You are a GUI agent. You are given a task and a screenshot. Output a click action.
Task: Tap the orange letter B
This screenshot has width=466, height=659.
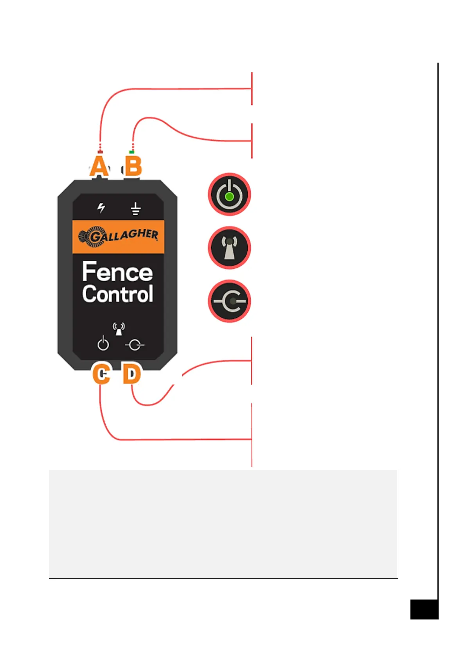[x=133, y=166]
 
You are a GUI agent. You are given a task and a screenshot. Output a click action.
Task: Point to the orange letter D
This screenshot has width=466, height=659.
[x=132, y=374]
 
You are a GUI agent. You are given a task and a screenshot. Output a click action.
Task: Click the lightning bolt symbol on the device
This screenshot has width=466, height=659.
[x=101, y=208]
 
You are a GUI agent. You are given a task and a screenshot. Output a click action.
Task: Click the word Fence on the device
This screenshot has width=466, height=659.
[x=117, y=272]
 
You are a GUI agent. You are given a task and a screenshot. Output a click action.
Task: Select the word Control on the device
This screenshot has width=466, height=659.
[x=117, y=294]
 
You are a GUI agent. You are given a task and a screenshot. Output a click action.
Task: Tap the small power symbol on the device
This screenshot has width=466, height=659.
[x=103, y=344]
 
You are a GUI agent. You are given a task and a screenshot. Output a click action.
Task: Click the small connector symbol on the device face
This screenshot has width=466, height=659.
[x=135, y=345]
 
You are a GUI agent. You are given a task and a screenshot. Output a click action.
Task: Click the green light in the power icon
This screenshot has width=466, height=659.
[x=230, y=196]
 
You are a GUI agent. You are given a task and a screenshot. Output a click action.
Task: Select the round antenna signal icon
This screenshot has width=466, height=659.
[x=229, y=248]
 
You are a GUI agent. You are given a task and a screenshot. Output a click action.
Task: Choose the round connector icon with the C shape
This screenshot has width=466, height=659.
[x=229, y=301]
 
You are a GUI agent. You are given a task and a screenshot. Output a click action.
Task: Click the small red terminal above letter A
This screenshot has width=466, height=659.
[x=100, y=151]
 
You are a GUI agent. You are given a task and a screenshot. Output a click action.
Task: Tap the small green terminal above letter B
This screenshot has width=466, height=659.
[x=132, y=152]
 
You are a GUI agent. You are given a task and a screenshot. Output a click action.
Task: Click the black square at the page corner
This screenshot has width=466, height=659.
[x=424, y=609]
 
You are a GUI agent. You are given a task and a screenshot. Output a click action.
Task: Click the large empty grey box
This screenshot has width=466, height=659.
[x=223, y=523]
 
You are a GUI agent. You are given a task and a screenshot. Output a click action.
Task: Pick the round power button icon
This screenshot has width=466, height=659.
[x=229, y=194]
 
